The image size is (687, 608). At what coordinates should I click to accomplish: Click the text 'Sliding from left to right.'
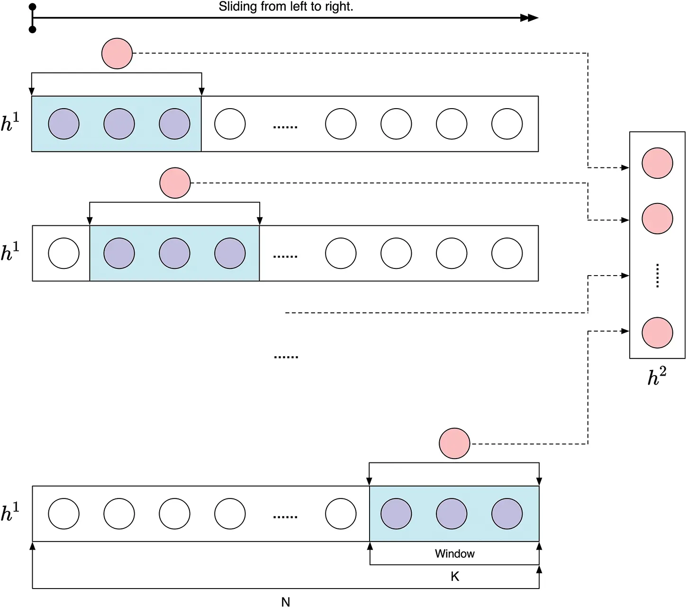click(x=286, y=7)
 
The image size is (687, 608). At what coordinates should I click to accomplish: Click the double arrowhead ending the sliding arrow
click(x=530, y=18)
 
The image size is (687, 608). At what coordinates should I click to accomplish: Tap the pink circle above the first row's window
click(x=117, y=54)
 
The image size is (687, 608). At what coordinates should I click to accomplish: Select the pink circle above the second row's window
click(x=175, y=183)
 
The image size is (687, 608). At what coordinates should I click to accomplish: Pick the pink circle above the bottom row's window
click(x=454, y=443)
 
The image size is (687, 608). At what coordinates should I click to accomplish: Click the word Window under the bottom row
click(x=454, y=553)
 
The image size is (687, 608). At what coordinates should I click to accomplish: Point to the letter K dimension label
click(x=455, y=577)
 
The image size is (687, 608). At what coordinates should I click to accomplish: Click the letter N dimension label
click(x=285, y=602)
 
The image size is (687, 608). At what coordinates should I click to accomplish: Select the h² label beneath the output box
click(x=657, y=377)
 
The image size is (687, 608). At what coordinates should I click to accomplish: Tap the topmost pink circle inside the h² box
click(x=657, y=163)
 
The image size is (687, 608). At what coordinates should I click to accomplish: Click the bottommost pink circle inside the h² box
click(x=657, y=333)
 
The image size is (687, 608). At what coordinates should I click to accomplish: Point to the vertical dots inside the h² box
click(x=657, y=276)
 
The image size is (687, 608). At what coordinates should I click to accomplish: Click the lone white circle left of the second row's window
click(x=63, y=253)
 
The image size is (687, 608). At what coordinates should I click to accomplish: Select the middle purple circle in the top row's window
click(x=119, y=124)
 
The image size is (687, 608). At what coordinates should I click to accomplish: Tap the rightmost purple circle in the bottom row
click(x=507, y=514)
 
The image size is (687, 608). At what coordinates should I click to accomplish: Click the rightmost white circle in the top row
click(x=507, y=124)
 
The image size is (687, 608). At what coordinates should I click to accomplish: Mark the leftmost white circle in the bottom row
click(x=63, y=514)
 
